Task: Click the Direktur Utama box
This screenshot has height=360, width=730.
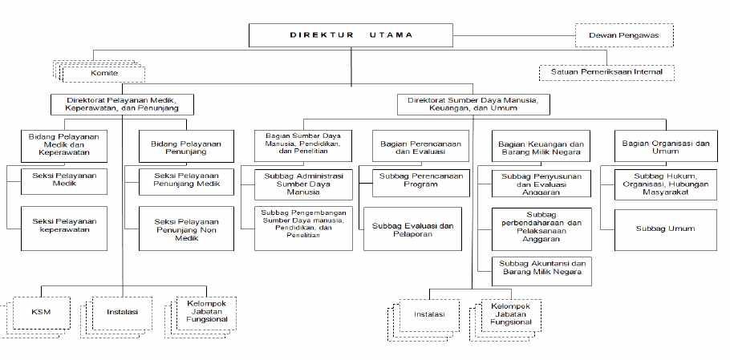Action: pyautogui.click(x=351, y=35)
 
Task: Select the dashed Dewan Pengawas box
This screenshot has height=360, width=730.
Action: pyautogui.click(x=623, y=36)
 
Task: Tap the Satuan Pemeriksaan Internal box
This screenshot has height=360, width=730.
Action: pyautogui.click(x=606, y=72)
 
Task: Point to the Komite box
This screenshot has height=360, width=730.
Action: pyautogui.click(x=103, y=73)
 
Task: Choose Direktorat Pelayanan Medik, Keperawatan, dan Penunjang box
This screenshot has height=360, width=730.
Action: pyautogui.click(x=123, y=104)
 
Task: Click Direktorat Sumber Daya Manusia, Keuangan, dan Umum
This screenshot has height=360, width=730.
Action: pyautogui.click(x=472, y=104)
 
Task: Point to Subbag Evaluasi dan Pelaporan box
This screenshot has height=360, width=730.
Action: pyautogui.click(x=412, y=230)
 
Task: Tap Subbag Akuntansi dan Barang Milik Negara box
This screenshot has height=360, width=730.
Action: pyautogui.click(x=542, y=271)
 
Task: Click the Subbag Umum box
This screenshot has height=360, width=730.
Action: pyautogui.click(x=665, y=229)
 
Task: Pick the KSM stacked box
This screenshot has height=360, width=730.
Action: pyautogui.click(x=42, y=312)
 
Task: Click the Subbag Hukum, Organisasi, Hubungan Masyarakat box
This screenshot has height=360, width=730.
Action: pyautogui.click(x=665, y=182)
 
